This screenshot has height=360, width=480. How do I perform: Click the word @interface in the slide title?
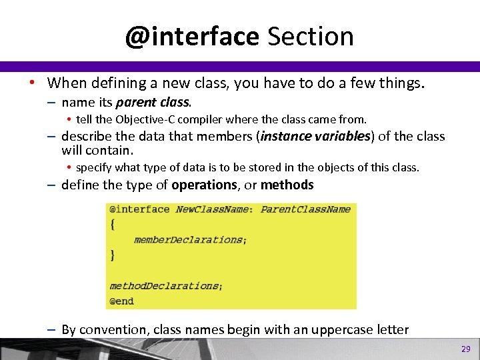(191, 36)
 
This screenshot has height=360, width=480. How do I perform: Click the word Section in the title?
(311, 36)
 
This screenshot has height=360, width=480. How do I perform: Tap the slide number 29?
(465, 349)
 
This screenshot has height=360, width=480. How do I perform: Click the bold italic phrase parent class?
(153, 103)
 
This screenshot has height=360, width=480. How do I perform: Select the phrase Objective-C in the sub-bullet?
(145, 119)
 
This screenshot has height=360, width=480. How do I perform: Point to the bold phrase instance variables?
(315, 137)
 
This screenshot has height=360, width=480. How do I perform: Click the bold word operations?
(204, 185)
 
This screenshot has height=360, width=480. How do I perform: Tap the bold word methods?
(287, 185)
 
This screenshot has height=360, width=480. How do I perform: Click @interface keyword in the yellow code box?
(139, 209)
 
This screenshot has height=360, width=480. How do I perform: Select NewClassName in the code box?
(213, 209)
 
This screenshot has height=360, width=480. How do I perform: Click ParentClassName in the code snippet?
(305, 209)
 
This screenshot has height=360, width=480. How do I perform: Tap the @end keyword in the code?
(121, 301)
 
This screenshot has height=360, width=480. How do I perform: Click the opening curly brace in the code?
(112, 225)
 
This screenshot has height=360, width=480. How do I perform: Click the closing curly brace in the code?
(112, 255)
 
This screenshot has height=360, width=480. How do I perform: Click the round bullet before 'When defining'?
(32, 83)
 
